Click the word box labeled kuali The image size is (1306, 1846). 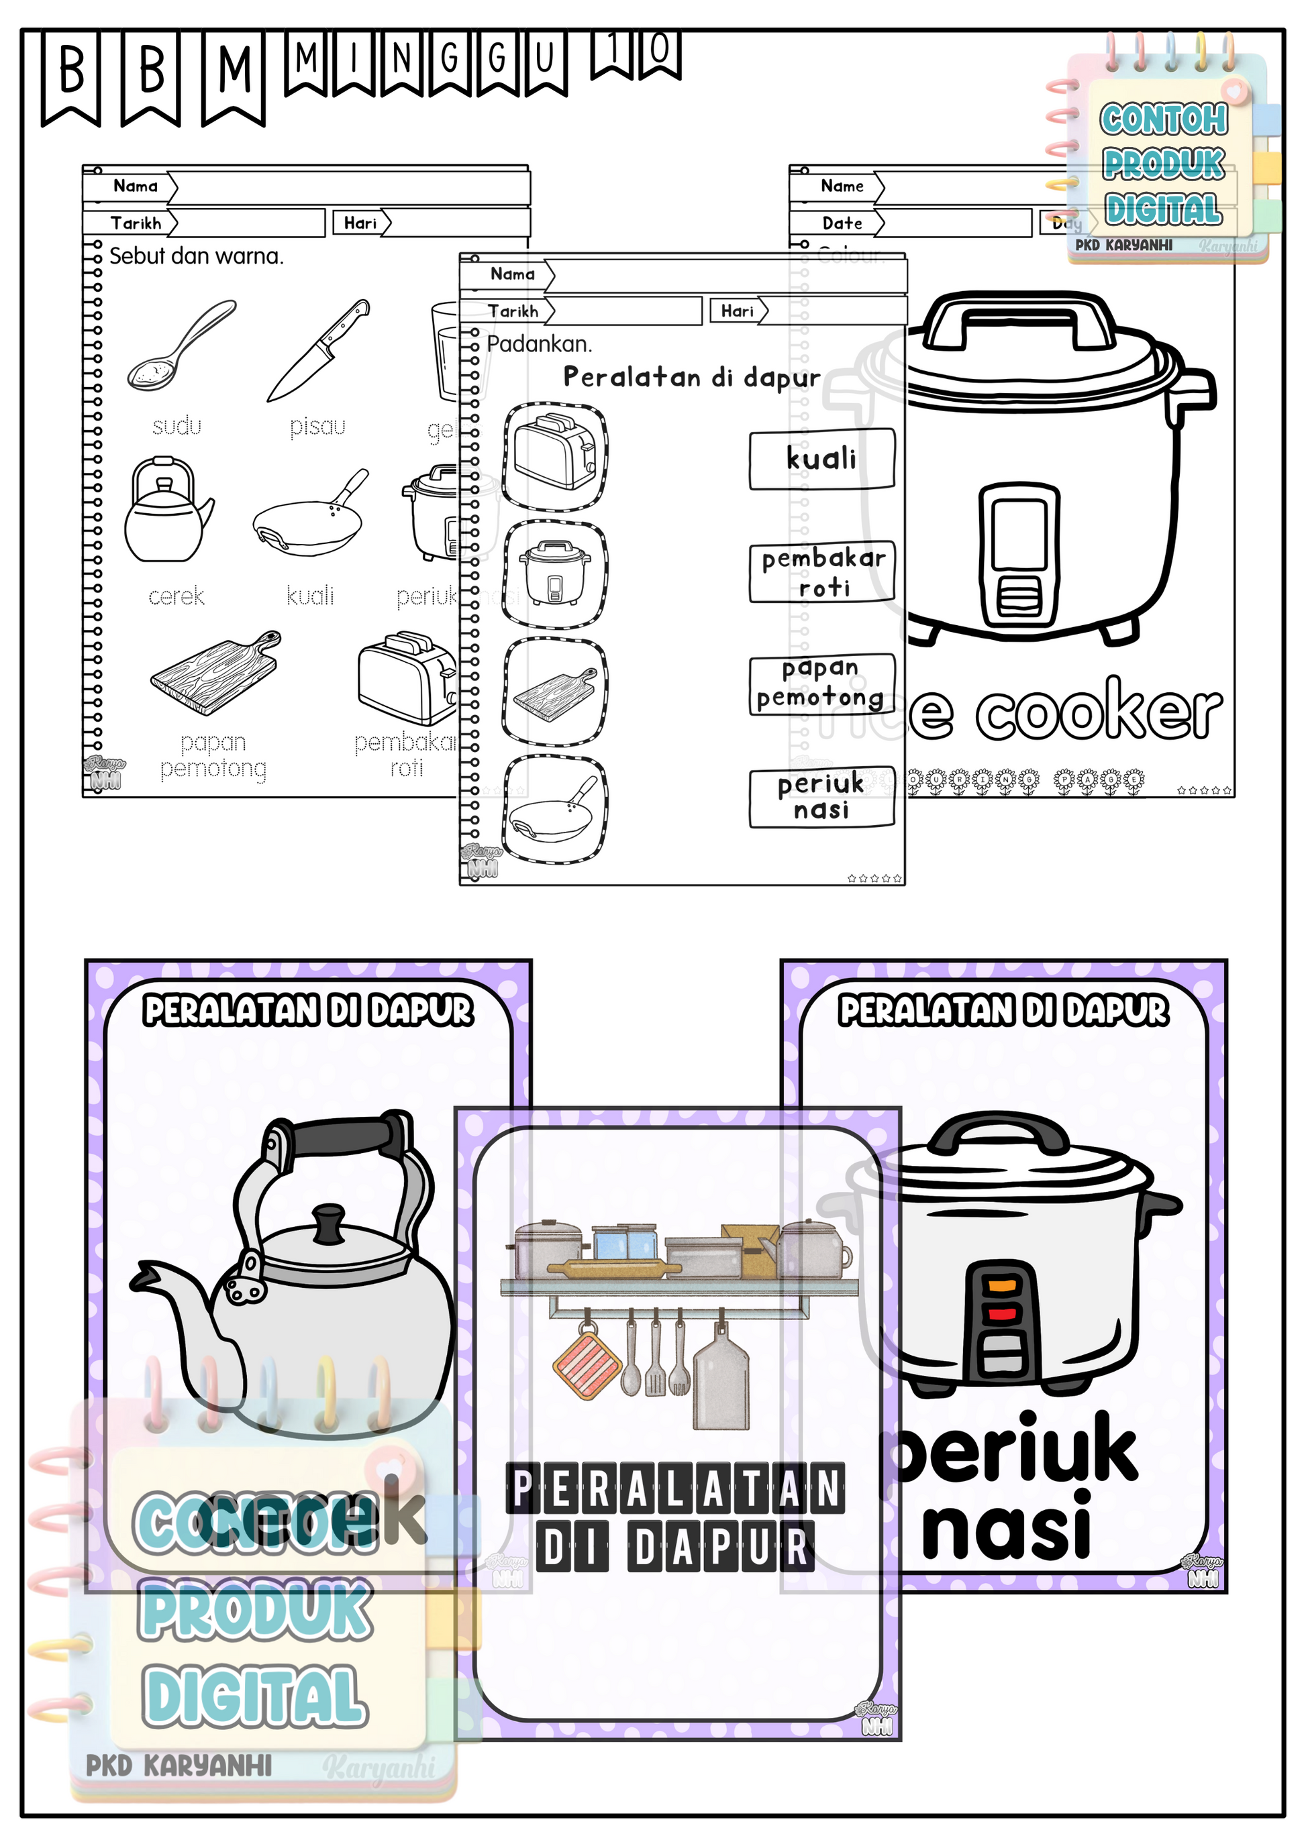[821, 459]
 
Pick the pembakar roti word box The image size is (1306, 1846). [821, 572]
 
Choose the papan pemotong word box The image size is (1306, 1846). [821, 684]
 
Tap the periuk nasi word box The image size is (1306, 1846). [821, 797]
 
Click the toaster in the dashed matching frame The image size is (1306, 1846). [555, 455]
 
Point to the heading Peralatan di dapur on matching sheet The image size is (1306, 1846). [692, 377]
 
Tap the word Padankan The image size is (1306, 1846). [539, 344]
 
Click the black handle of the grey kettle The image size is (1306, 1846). [346, 1135]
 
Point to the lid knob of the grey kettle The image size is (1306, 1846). [328, 1222]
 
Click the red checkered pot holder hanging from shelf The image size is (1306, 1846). [588, 1365]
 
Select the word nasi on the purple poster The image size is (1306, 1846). [1006, 1526]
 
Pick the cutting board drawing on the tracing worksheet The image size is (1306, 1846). [215, 673]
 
